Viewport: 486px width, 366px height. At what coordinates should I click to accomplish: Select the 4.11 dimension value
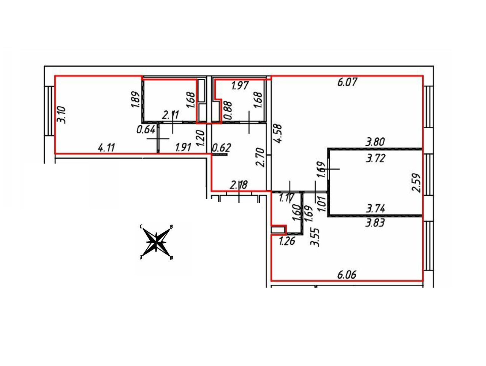[x=106, y=148]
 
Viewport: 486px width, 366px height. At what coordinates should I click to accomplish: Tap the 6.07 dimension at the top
[x=347, y=82]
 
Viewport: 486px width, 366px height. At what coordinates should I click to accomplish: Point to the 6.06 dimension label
[x=347, y=275]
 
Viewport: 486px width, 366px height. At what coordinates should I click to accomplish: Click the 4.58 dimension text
[x=278, y=133]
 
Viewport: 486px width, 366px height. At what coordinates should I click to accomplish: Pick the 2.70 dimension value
[x=261, y=158]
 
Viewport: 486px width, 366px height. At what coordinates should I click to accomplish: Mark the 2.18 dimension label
[x=239, y=186]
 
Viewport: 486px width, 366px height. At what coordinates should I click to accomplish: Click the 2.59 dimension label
[x=417, y=183]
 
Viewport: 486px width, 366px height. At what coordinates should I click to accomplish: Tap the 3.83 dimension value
[x=375, y=223]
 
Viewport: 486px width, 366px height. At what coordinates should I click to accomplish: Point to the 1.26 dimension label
[x=287, y=241]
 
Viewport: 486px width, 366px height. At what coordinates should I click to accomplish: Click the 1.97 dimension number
[x=240, y=86]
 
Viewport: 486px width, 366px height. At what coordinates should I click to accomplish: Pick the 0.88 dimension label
[x=228, y=110]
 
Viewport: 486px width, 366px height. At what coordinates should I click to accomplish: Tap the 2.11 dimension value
[x=171, y=115]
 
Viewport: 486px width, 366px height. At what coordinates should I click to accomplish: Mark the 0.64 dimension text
[x=146, y=130]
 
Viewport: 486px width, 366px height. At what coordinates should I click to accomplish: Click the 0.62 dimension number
[x=222, y=147]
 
